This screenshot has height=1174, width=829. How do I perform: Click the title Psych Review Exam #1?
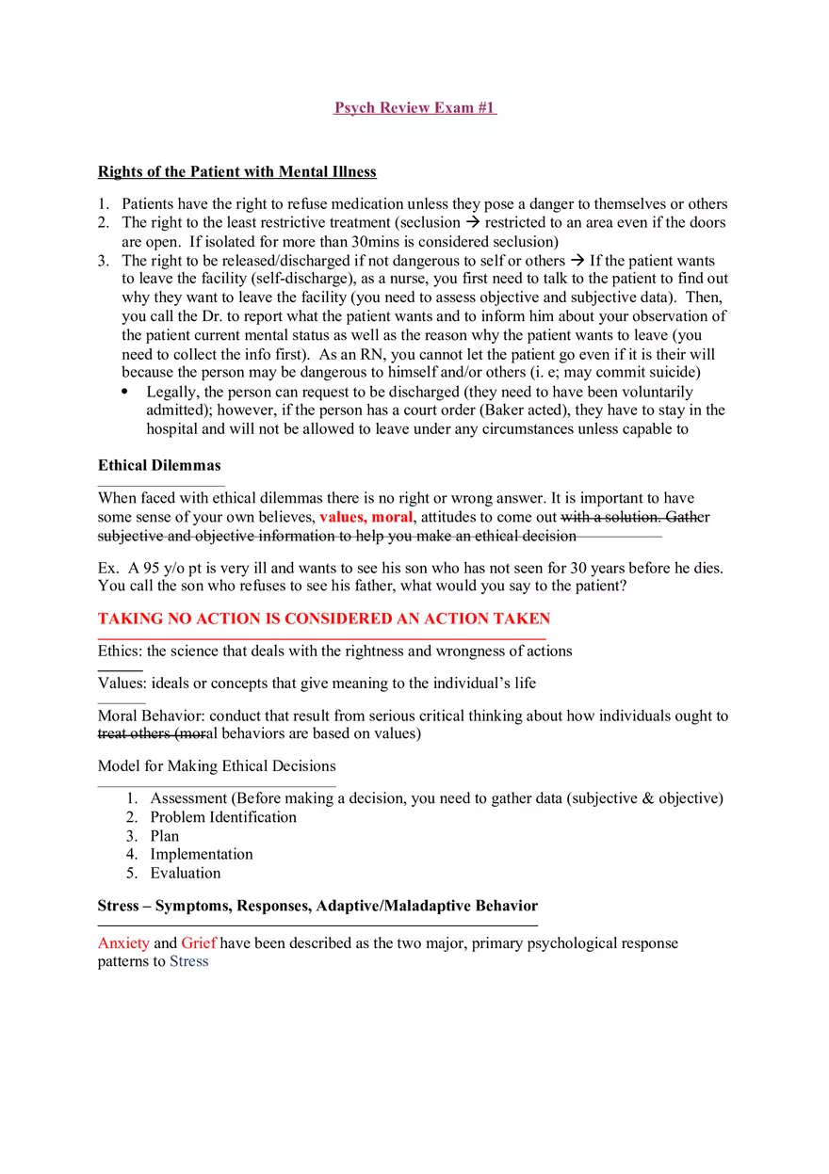(x=414, y=107)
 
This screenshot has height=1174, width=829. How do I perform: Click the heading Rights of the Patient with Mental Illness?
(x=236, y=171)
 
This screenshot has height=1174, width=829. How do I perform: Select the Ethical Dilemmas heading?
(x=159, y=465)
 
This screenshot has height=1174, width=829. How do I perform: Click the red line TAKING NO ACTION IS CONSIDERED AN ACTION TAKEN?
(x=323, y=619)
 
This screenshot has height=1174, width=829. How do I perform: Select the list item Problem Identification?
(x=223, y=817)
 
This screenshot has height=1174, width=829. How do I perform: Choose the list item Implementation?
(x=202, y=854)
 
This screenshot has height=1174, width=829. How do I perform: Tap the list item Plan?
(x=165, y=836)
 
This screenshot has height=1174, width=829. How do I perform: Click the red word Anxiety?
(x=123, y=942)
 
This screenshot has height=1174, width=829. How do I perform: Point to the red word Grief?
(x=199, y=942)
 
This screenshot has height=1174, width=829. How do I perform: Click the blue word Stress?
(x=188, y=961)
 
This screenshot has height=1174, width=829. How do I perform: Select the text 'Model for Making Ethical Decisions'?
(x=217, y=765)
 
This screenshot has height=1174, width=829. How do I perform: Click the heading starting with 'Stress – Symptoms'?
(x=317, y=906)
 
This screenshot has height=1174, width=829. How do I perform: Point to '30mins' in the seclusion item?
(x=358, y=241)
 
